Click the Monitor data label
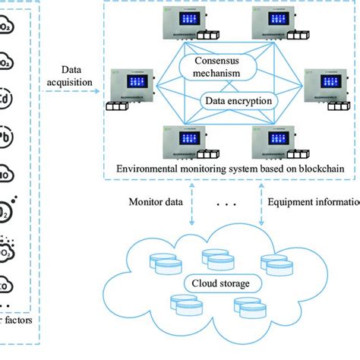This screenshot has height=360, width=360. (x=155, y=203)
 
